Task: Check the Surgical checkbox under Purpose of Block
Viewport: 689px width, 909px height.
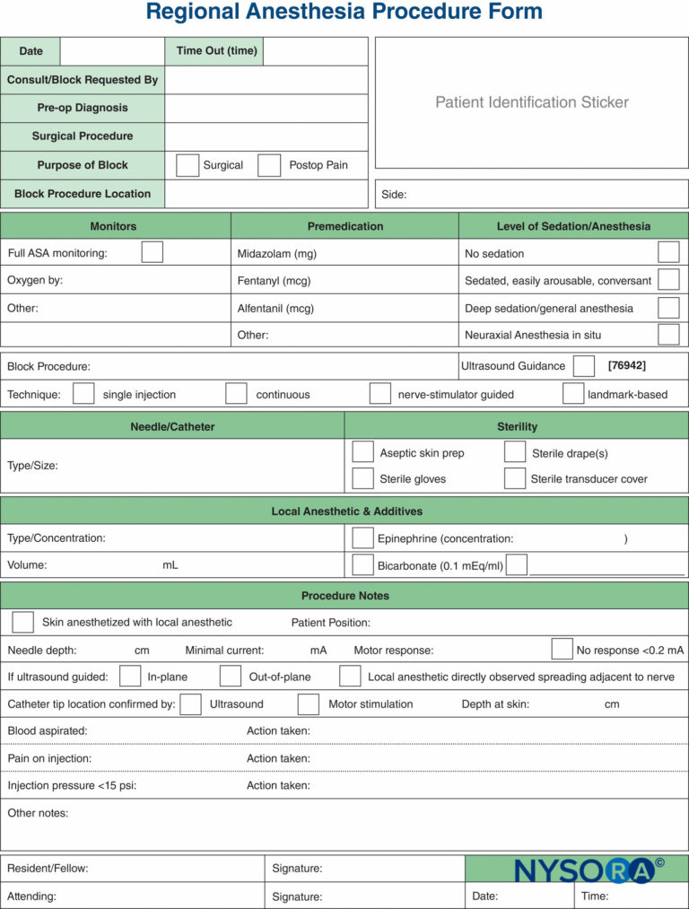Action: click(x=188, y=165)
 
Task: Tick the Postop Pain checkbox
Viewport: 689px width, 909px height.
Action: click(x=269, y=165)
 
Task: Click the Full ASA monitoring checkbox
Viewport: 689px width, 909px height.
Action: click(x=153, y=252)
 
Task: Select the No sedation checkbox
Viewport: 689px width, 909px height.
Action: click(x=668, y=252)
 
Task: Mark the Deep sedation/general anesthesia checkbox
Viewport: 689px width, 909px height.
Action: click(x=668, y=308)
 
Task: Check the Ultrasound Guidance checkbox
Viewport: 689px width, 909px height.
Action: click(x=584, y=366)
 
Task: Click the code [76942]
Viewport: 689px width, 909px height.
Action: click(x=626, y=365)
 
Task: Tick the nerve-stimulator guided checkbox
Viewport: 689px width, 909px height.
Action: click(x=380, y=394)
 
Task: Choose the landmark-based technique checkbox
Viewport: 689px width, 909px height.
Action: click(x=573, y=394)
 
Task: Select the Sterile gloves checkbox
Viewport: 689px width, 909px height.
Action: click(x=362, y=478)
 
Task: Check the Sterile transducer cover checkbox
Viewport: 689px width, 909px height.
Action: click(x=515, y=478)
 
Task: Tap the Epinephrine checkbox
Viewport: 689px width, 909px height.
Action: click(x=362, y=538)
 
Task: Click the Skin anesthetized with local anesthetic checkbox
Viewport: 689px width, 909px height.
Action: click(x=23, y=622)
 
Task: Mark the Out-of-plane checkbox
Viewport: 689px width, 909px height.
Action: click(x=231, y=677)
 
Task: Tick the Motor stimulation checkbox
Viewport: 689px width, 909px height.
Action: click(x=309, y=704)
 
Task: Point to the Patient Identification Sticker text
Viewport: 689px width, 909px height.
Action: click(x=532, y=102)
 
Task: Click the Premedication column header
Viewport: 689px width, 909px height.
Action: click(x=345, y=226)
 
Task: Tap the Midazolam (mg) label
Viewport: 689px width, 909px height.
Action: click(x=276, y=254)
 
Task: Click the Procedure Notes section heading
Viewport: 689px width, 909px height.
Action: click(x=344, y=596)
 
